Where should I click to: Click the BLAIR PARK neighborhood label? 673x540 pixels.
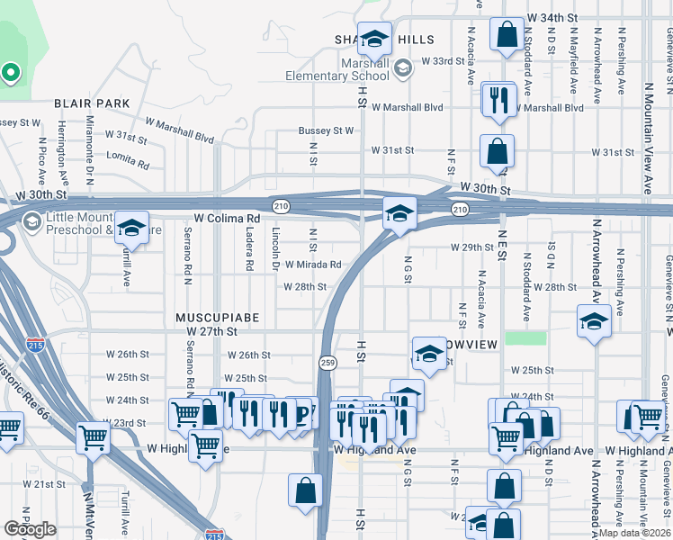pos(92,104)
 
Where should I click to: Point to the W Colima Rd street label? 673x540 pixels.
pos(227,218)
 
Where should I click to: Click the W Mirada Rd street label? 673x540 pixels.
pos(313,265)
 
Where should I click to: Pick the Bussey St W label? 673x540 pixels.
pos(326,130)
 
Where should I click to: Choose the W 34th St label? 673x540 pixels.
pos(561,17)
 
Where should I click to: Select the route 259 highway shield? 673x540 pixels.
pos(328,362)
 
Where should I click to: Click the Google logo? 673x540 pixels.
pos(30,528)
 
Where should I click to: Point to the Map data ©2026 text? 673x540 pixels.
pos(635,533)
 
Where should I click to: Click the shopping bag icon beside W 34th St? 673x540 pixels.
pos(507,34)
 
